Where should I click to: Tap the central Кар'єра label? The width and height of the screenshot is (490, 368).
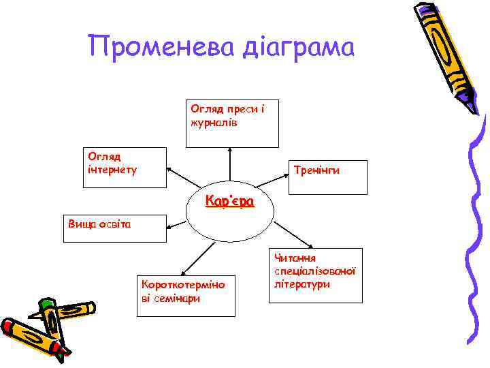tap(230, 202)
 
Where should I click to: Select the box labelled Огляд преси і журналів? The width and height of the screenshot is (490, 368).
tap(232, 124)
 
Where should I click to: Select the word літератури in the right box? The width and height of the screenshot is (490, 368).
tap(303, 283)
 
